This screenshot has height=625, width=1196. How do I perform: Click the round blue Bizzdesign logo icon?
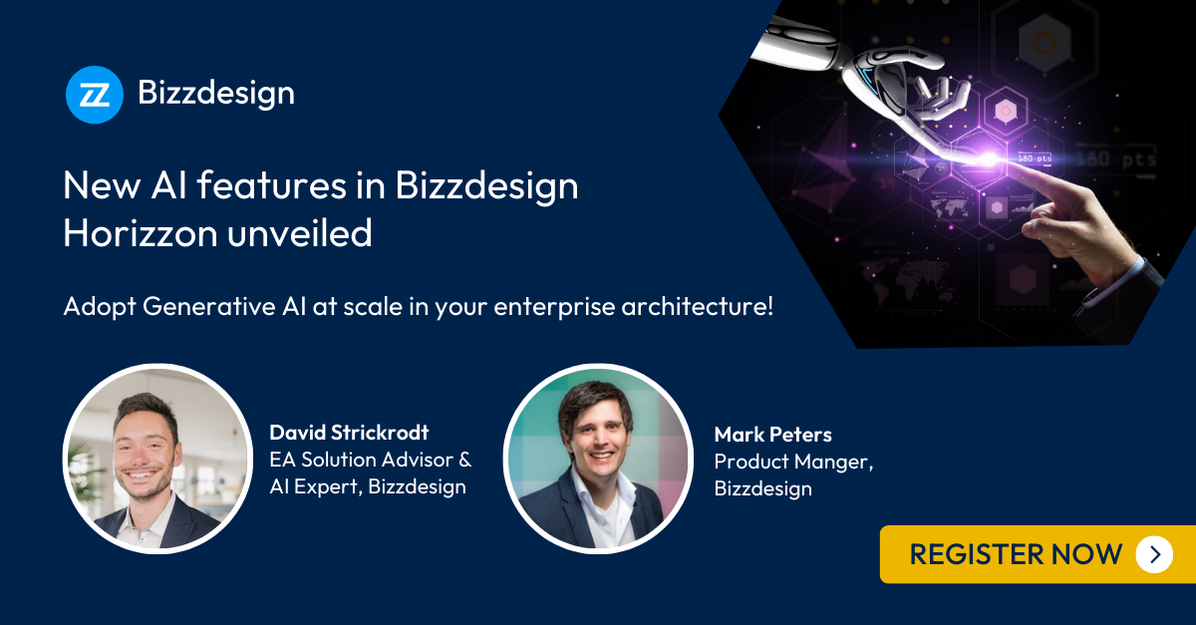(x=95, y=95)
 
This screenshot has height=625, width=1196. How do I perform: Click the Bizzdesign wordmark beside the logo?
(x=216, y=94)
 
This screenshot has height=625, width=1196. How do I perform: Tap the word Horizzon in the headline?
(x=138, y=233)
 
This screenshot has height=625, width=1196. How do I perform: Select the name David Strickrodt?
(x=350, y=433)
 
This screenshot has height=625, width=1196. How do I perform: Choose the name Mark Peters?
(x=772, y=435)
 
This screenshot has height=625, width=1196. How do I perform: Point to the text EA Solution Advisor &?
(x=370, y=460)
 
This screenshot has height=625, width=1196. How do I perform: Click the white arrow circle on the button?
(x=1154, y=554)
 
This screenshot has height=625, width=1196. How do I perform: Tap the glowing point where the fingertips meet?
(x=990, y=157)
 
